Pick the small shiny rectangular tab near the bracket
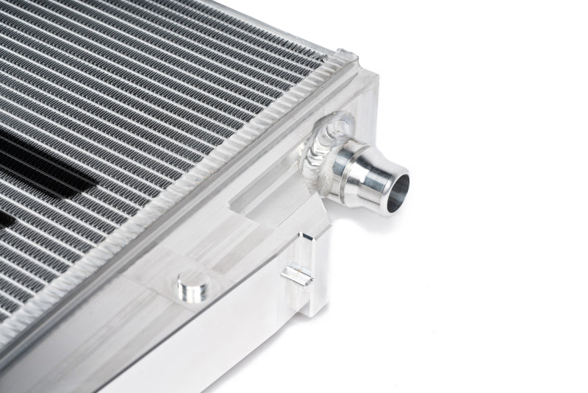[297, 276]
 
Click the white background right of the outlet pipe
[500, 184]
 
